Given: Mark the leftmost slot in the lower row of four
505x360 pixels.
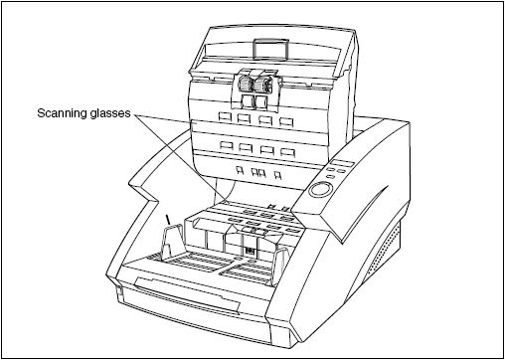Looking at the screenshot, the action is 226,149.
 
